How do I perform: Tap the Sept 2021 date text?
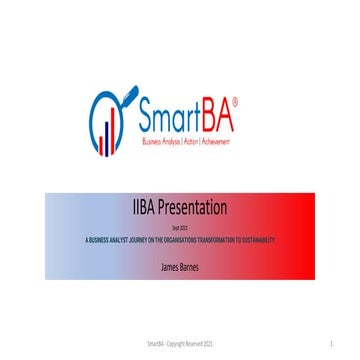point(180,229)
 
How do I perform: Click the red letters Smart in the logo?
point(171,117)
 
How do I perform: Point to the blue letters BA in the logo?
point(222,117)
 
